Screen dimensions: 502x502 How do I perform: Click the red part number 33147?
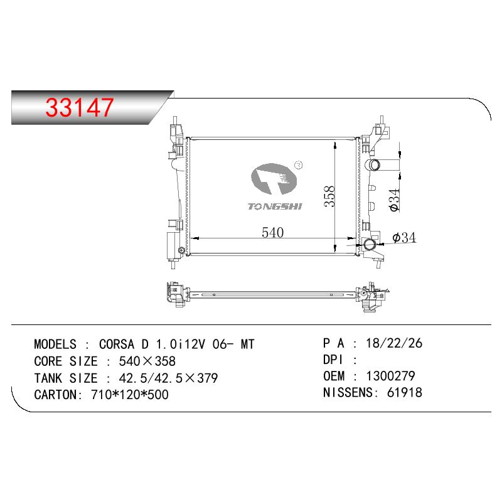pos(80,107)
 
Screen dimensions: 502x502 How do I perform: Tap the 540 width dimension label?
pos(273,232)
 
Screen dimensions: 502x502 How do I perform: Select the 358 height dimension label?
pos(329,196)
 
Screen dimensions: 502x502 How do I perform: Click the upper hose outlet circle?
pos(373,165)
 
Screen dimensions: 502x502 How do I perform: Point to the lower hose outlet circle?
pos(370,245)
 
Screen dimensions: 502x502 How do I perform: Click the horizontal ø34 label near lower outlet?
pos(404,238)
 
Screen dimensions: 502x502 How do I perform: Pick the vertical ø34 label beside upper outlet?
pos(395,200)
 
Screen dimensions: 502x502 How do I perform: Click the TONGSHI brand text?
pos(275,206)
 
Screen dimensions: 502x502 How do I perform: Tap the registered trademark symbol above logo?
pos(299,165)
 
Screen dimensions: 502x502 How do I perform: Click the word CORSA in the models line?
pos(117,344)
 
